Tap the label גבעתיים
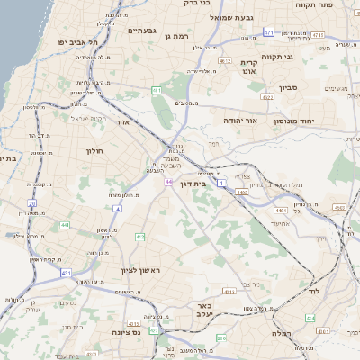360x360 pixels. [x=143, y=31]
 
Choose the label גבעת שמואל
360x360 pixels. [x=235, y=16]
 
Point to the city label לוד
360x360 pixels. [x=327, y=292]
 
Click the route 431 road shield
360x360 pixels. [x=66, y=271]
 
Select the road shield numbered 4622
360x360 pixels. [x=266, y=95]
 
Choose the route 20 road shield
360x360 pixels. [x=32, y=203]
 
